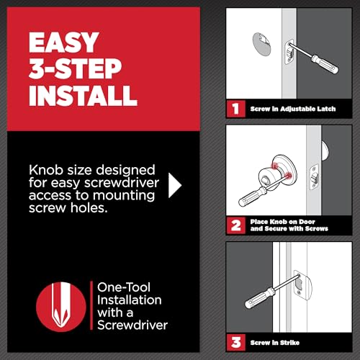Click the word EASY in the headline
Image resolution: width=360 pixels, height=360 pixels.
tap(63, 42)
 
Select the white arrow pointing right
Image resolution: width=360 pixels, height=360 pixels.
tap(175, 185)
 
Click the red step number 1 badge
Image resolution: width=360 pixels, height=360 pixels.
tap(234, 109)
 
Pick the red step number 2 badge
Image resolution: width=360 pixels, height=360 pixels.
tap(234, 224)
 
